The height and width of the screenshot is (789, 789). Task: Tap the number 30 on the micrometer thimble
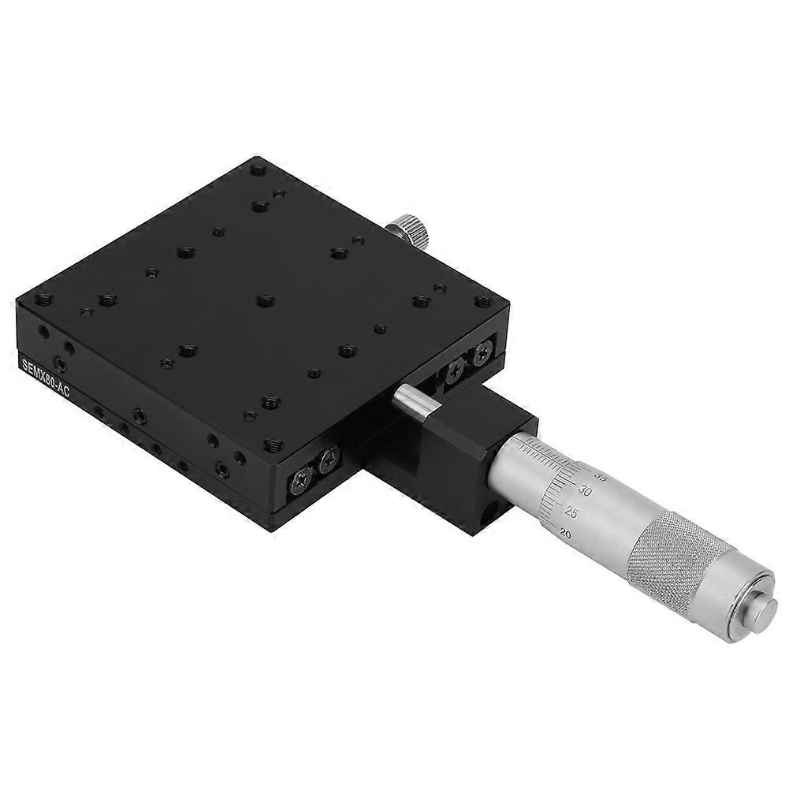coord(584,490)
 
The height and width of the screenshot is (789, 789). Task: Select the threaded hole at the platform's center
coord(263,300)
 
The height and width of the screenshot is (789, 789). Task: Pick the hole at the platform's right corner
coord(481,301)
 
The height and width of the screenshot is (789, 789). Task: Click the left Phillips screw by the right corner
coord(455,372)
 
